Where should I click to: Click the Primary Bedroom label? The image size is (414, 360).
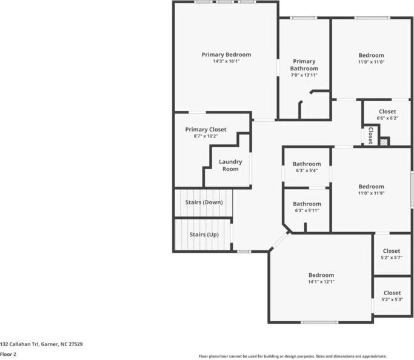[226, 55]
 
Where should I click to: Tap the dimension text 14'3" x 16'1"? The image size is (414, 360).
[226, 61]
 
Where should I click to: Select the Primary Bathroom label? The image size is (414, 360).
[304, 65]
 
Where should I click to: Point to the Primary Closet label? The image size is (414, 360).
[205, 129]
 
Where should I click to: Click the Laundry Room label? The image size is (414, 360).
[230, 165]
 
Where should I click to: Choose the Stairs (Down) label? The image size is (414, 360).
[204, 202]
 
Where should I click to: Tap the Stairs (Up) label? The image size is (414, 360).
[204, 234]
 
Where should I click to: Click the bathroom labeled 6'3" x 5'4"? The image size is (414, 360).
[307, 167]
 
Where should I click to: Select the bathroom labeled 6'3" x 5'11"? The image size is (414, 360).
[307, 207]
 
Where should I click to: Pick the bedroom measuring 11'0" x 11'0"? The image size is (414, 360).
[371, 58]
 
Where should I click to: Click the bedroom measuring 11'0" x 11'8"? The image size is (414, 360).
[371, 189]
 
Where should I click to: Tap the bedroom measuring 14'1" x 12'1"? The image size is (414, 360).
[321, 278]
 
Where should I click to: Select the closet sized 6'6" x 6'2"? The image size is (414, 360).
[387, 115]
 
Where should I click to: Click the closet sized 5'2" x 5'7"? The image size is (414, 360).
[391, 254]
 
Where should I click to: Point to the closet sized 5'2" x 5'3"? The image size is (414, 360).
[392, 296]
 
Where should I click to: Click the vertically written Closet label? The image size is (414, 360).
[370, 135]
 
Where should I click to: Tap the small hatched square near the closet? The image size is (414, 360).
[383, 142]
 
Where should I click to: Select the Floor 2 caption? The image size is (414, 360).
[8, 354]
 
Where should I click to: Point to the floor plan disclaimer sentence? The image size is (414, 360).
[293, 356]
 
